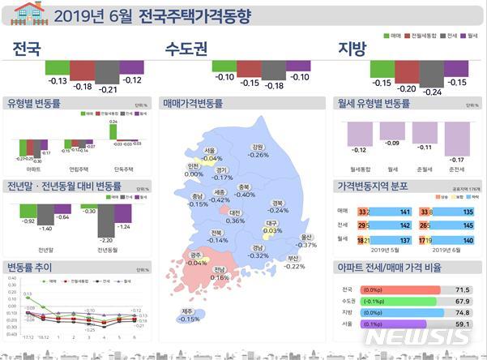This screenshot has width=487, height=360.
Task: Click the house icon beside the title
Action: (x=25, y=14)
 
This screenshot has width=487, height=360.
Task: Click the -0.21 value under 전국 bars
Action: (x=105, y=89)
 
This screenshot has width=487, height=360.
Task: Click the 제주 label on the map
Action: (x=188, y=311)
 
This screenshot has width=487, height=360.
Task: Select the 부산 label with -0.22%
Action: (x=293, y=259)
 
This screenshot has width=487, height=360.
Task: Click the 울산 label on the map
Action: (x=305, y=237)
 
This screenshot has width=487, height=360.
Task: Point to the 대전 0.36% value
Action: (x=235, y=221)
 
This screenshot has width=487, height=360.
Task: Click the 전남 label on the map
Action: (x=220, y=270)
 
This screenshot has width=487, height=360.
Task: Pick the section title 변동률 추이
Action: (x=30, y=266)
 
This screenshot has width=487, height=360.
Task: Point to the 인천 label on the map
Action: (x=194, y=166)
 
